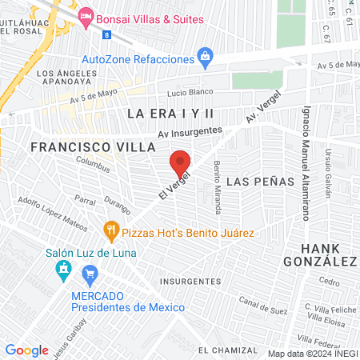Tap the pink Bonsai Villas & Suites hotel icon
pos(86,15)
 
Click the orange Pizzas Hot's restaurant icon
pos(112,233)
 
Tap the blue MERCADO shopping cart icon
pos(90,277)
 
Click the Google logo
pos(27,350)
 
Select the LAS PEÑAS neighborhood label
pos(252,182)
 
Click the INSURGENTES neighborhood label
pos(190,282)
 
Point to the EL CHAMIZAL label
pos(228,350)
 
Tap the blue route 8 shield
pos(106,35)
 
